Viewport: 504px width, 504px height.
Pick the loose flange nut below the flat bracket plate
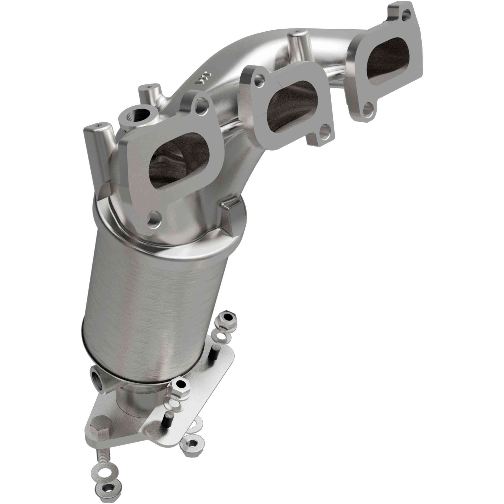click(x=192, y=444)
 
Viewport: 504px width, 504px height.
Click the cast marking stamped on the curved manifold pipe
click(x=202, y=78)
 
